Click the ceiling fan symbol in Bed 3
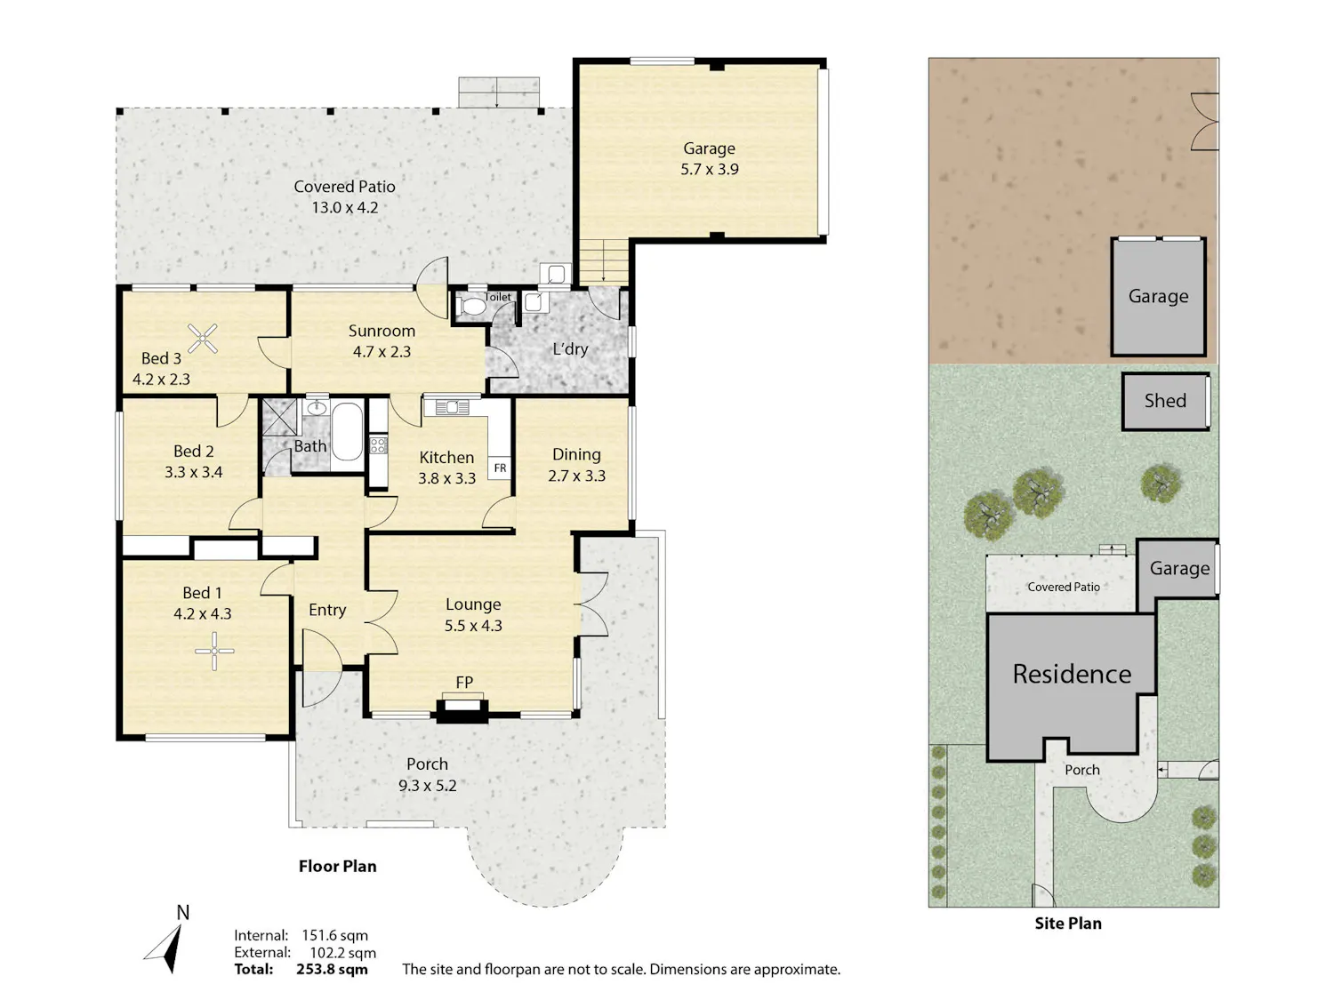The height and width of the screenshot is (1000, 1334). coord(203,338)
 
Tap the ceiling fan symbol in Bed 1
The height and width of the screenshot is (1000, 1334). coord(214,652)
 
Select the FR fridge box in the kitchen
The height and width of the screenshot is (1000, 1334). coord(500,468)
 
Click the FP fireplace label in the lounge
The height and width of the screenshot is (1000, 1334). coord(464,683)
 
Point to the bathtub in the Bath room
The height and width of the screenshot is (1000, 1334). coord(347,432)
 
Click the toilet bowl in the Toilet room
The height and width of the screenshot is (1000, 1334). coord(470,307)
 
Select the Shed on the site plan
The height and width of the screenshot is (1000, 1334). coord(1165,402)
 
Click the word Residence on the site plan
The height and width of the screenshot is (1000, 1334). coord(1072,674)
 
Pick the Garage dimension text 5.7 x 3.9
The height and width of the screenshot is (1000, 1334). coord(709,170)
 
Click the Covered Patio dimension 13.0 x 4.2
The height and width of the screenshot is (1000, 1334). coord(344,208)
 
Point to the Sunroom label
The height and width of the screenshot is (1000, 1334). coord(382,331)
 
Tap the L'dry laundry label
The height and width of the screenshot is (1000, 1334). coord(570,349)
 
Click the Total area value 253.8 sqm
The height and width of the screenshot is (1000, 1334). coord(332,969)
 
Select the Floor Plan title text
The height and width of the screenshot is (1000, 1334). coord(337,867)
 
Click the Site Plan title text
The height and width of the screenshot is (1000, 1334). coord(1068,924)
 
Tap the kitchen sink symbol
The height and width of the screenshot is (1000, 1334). coord(453,407)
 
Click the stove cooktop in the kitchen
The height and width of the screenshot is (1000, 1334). coord(378,445)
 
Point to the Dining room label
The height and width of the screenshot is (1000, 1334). coord(576,454)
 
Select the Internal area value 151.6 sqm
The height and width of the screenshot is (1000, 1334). coord(335,936)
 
